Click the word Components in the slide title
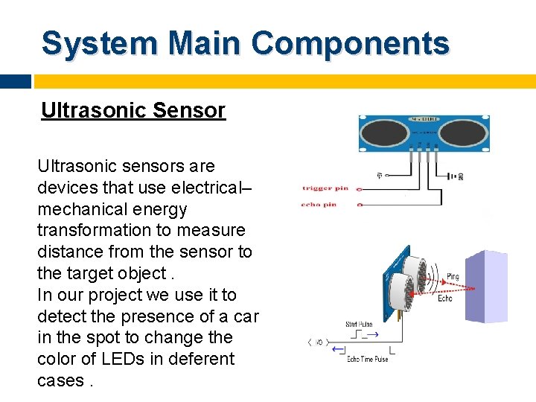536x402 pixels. click(x=350, y=43)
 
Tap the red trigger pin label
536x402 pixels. click(x=325, y=188)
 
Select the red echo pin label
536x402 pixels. click(x=319, y=204)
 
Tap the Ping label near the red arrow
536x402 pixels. click(x=453, y=277)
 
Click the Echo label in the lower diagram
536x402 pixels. click(x=445, y=299)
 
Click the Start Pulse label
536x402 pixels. click(x=360, y=324)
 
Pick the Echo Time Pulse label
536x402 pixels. click(x=367, y=360)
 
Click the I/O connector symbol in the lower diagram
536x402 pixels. click(x=316, y=342)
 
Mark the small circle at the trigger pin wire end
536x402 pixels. click(x=360, y=188)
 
